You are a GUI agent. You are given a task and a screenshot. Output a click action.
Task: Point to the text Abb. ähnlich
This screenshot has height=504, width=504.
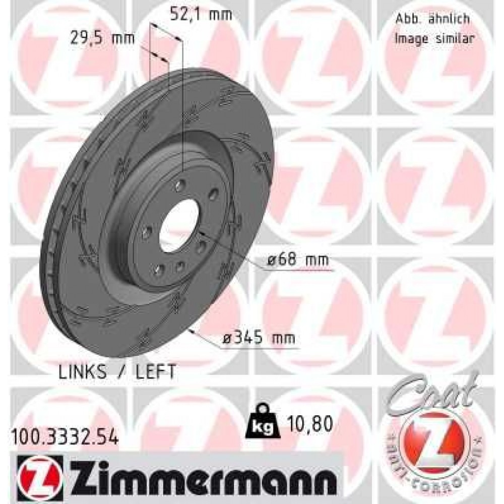(431, 19)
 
